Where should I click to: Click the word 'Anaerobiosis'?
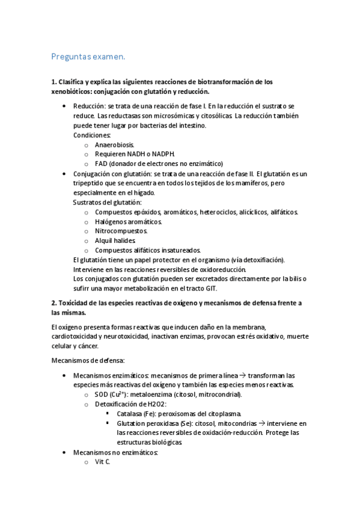(114, 145)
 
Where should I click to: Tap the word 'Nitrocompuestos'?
(120, 231)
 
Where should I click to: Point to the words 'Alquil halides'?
(115, 241)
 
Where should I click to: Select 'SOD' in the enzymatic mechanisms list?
(102, 395)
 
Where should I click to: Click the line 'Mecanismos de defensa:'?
(87, 360)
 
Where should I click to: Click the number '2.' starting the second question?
(55, 303)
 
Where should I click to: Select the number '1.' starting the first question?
(54, 82)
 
